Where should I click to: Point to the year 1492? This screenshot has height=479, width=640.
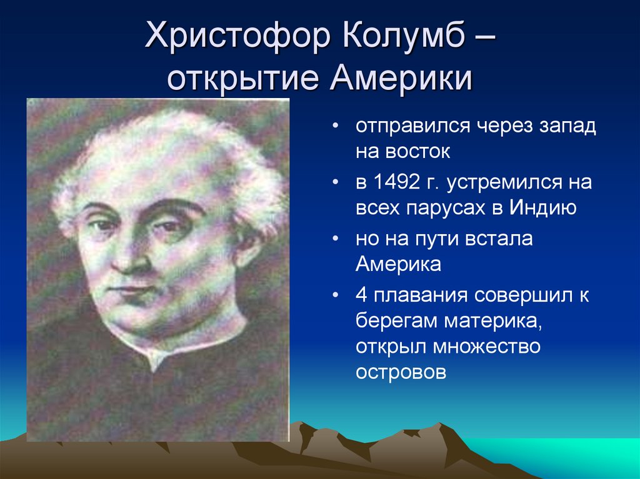pos(396,182)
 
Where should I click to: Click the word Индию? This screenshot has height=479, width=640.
pos(542,208)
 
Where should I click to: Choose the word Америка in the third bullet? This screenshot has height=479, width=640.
pos(398,264)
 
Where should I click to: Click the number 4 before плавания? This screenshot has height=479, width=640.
pos(362,295)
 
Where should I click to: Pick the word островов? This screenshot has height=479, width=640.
pos(401,372)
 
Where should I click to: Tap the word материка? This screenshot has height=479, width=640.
pos(493,322)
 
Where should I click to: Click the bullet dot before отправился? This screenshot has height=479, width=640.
pos(335,127)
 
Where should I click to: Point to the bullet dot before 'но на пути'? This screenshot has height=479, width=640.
pos(335,239)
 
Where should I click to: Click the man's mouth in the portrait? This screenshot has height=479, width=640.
pos(131,290)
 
